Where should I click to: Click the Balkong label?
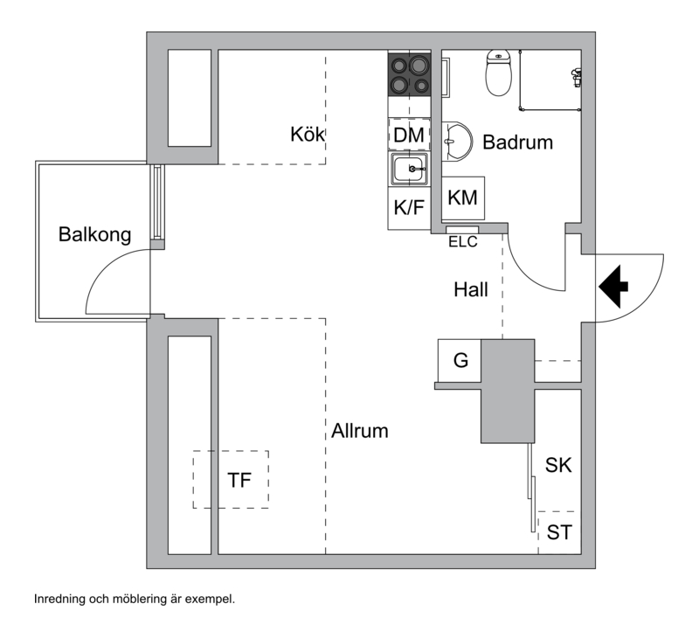coord(94,234)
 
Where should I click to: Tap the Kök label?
coord(308,135)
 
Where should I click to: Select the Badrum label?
coord(517,142)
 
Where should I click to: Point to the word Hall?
coord(471,290)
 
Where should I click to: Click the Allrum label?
coord(360,431)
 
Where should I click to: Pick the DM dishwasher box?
coord(410,135)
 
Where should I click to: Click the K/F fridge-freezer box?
coord(409,208)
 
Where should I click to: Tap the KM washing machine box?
coord(463,198)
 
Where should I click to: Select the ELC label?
coord(463,241)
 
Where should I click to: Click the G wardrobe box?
coord(460,360)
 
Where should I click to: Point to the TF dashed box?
coord(231,479)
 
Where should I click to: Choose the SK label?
coord(558,465)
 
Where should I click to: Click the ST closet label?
coord(559,532)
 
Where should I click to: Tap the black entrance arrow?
coord(613,287)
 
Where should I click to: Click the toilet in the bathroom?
coord(498,73)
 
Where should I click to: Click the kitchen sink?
coord(409,169)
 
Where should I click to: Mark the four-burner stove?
coord(409,74)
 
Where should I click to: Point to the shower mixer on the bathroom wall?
coord(576,78)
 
